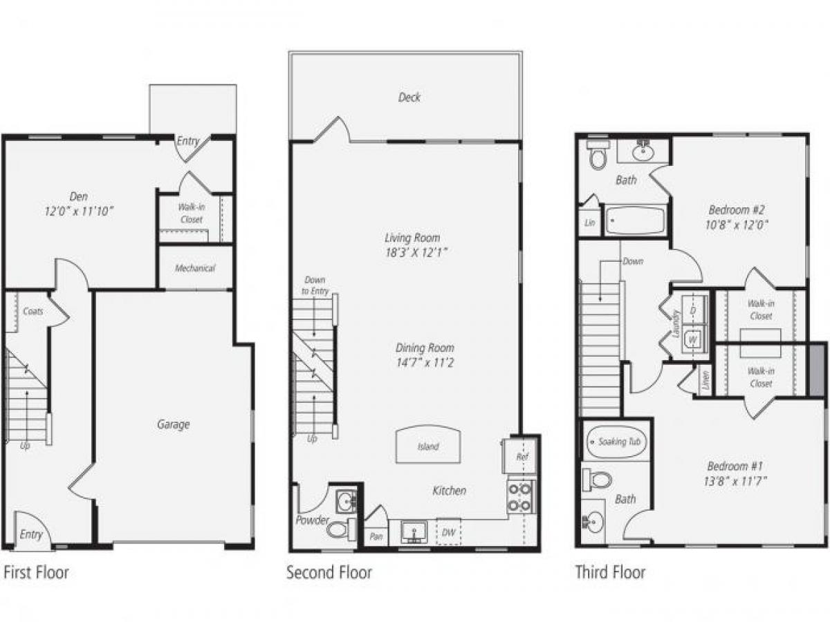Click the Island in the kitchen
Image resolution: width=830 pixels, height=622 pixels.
click(427, 445)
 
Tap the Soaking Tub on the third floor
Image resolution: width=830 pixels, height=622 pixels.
click(616, 442)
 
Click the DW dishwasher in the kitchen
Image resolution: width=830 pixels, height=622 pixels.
click(449, 531)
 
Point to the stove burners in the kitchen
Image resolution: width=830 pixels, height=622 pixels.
click(519, 497)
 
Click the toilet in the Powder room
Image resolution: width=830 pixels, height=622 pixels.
click(340, 530)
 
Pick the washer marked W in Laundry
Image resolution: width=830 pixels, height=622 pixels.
click(694, 339)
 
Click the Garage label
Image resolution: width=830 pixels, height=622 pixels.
click(172, 424)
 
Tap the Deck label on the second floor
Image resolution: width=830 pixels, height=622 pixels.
click(409, 97)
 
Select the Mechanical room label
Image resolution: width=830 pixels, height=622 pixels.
click(194, 268)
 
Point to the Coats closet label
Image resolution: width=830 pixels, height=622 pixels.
click(33, 311)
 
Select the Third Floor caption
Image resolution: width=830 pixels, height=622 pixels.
click(610, 572)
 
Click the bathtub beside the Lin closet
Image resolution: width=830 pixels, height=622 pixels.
click(635, 221)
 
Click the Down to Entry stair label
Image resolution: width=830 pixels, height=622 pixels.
click(315, 286)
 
